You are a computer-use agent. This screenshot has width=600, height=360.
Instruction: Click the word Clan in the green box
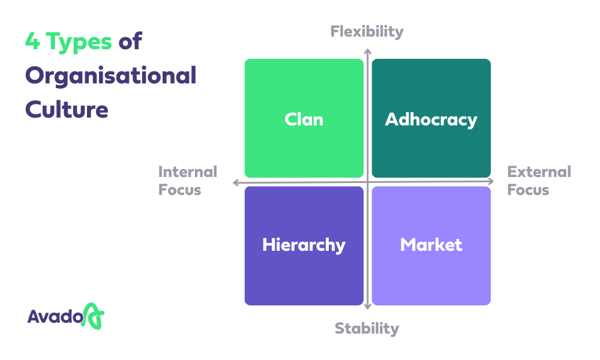click(x=304, y=119)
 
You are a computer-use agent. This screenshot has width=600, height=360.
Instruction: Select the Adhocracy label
click(x=431, y=120)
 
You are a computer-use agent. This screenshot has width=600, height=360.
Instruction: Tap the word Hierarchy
click(x=304, y=245)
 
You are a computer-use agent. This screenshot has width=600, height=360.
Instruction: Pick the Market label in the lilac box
click(x=431, y=245)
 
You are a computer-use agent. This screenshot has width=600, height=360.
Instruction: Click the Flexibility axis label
click(x=367, y=32)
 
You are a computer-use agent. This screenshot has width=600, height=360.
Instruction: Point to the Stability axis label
click(x=367, y=329)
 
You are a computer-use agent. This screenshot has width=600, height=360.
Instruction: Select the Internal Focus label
click(x=187, y=181)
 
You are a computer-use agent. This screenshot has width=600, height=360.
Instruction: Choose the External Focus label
click(x=539, y=181)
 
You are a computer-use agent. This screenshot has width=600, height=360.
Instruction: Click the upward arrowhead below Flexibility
click(x=367, y=52)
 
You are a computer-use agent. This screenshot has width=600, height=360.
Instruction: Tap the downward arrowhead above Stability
click(x=367, y=306)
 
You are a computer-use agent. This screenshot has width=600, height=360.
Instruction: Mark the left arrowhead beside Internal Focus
click(x=236, y=182)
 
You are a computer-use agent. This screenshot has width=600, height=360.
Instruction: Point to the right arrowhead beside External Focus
click(x=491, y=181)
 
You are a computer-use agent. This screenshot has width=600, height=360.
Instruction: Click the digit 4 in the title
click(x=32, y=41)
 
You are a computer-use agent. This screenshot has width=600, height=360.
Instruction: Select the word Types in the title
click(x=79, y=42)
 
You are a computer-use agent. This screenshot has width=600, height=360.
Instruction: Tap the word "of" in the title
click(x=130, y=41)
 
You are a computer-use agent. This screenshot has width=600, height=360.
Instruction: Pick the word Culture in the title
click(x=67, y=109)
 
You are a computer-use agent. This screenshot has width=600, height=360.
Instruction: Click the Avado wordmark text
click(x=55, y=317)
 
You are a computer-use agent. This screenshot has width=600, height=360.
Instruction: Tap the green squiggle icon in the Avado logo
click(x=92, y=316)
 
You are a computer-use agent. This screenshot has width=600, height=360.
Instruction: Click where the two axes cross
click(x=367, y=182)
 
